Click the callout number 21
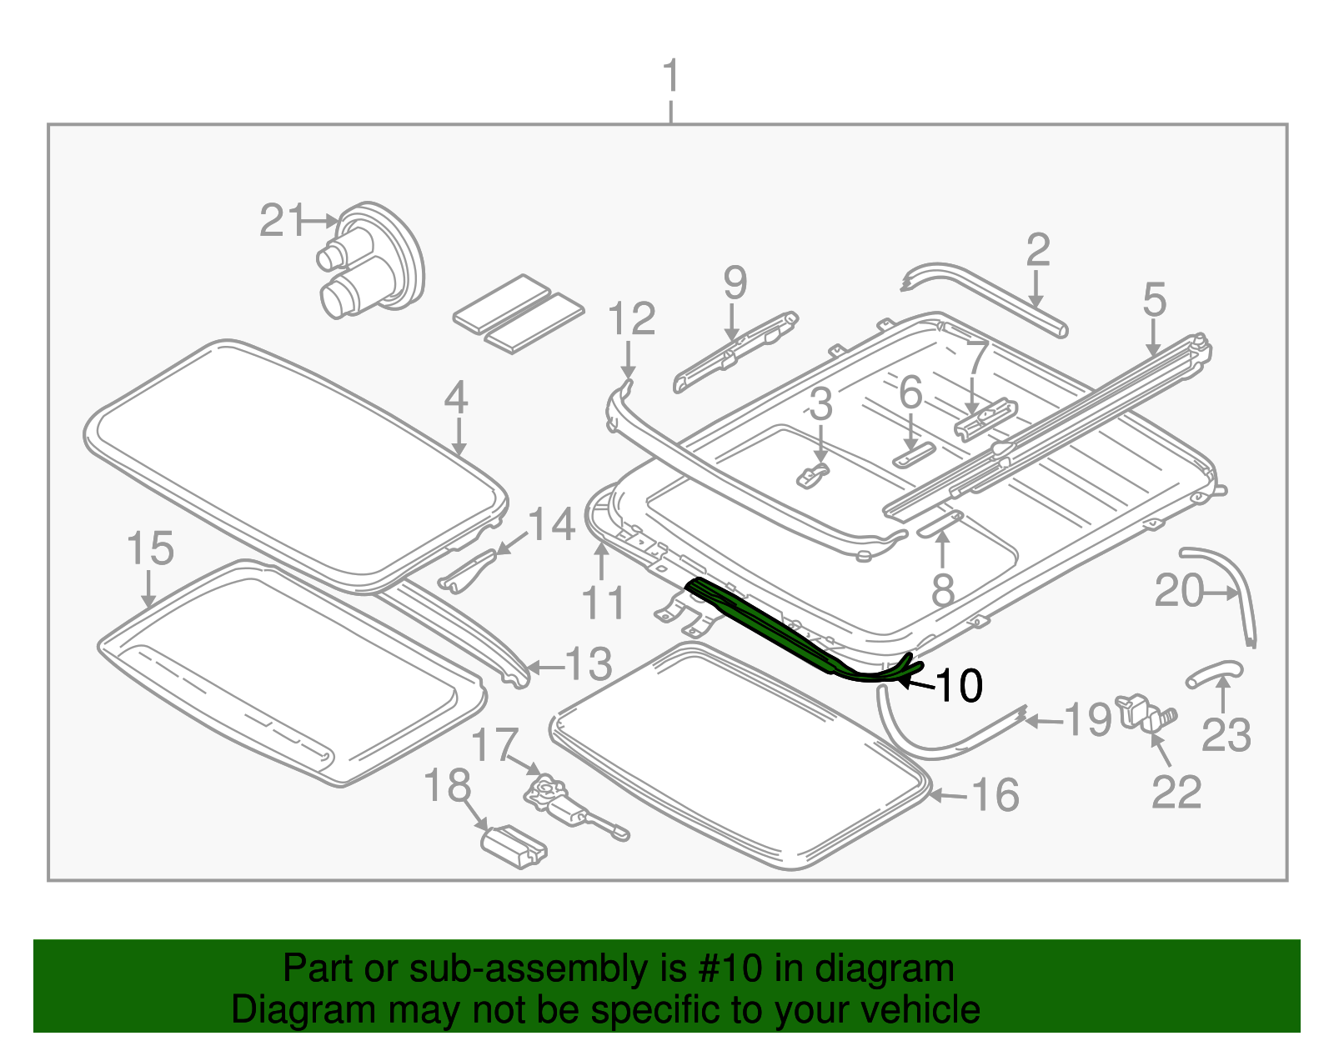[282, 221]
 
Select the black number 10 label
[960, 686]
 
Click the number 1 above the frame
[670, 77]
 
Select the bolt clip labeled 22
[1146, 713]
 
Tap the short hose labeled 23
[1214, 671]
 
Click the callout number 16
[995, 794]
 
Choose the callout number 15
[150, 548]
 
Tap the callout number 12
[631, 319]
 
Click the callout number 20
[1179, 591]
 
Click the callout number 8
[942, 590]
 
